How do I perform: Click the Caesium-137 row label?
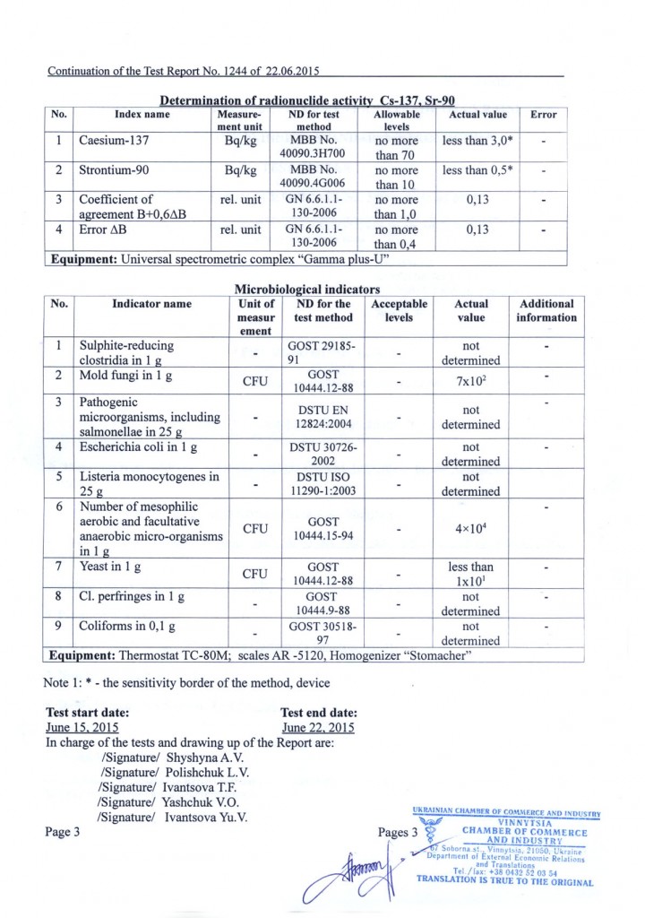pyautogui.click(x=116, y=141)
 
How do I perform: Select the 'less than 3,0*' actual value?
pyautogui.click(x=477, y=141)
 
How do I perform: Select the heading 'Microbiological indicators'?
pyautogui.click(x=306, y=290)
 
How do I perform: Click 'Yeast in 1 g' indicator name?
pyautogui.click(x=108, y=567)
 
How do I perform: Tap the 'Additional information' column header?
pyautogui.click(x=546, y=310)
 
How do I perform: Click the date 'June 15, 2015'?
pyautogui.click(x=82, y=727)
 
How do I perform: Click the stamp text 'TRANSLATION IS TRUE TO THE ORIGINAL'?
pyautogui.click(x=504, y=882)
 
